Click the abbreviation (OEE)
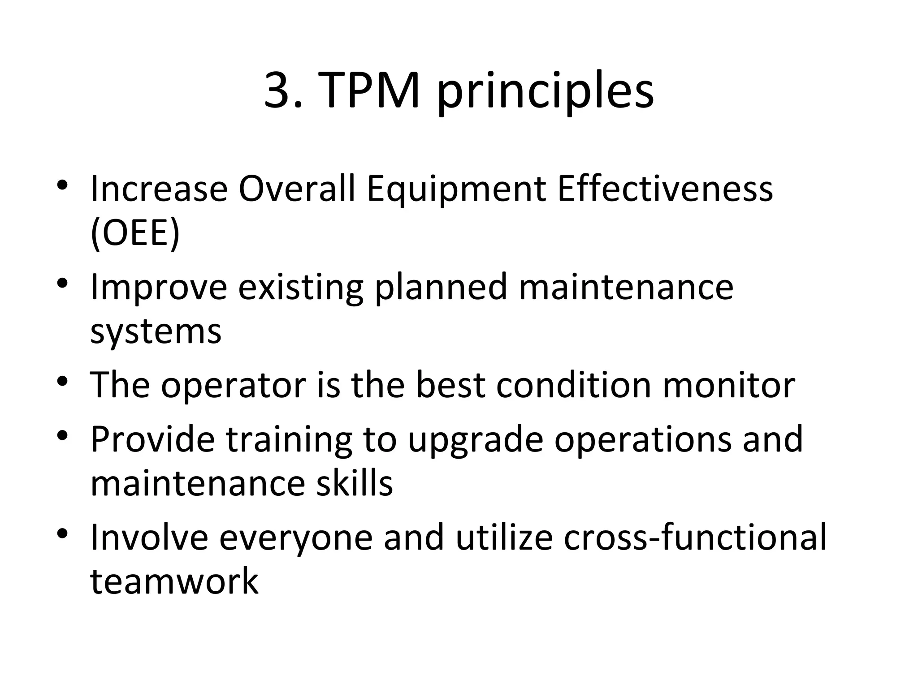click(135, 233)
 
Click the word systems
click(156, 332)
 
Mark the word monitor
click(729, 385)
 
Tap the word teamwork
click(174, 581)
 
